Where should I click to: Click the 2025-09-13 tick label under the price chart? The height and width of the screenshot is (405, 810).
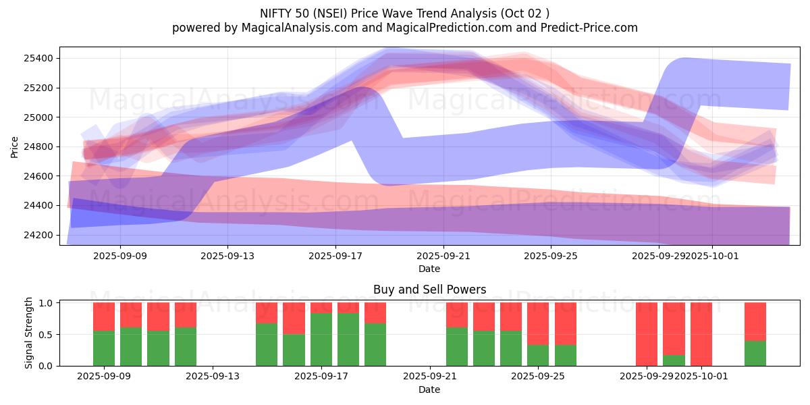(227, 256)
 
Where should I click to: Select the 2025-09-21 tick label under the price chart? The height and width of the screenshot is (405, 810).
(443, 256)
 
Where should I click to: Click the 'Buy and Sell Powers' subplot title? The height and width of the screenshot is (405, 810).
(429, 290)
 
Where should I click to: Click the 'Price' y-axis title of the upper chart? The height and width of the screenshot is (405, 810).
(14, 146)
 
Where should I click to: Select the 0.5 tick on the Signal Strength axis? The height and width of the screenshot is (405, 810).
(47, 335)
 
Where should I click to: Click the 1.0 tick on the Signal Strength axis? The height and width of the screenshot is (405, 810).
(47, 303)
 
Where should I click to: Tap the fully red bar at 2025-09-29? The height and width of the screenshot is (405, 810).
(647, 334)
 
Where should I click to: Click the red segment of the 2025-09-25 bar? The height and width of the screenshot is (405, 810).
(538, 323)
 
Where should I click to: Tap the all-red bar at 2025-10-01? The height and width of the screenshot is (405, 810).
(701, 334)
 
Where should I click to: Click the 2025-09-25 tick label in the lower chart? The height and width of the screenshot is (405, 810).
(538, 377)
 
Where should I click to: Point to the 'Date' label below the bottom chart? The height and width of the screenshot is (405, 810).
(429, 389)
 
